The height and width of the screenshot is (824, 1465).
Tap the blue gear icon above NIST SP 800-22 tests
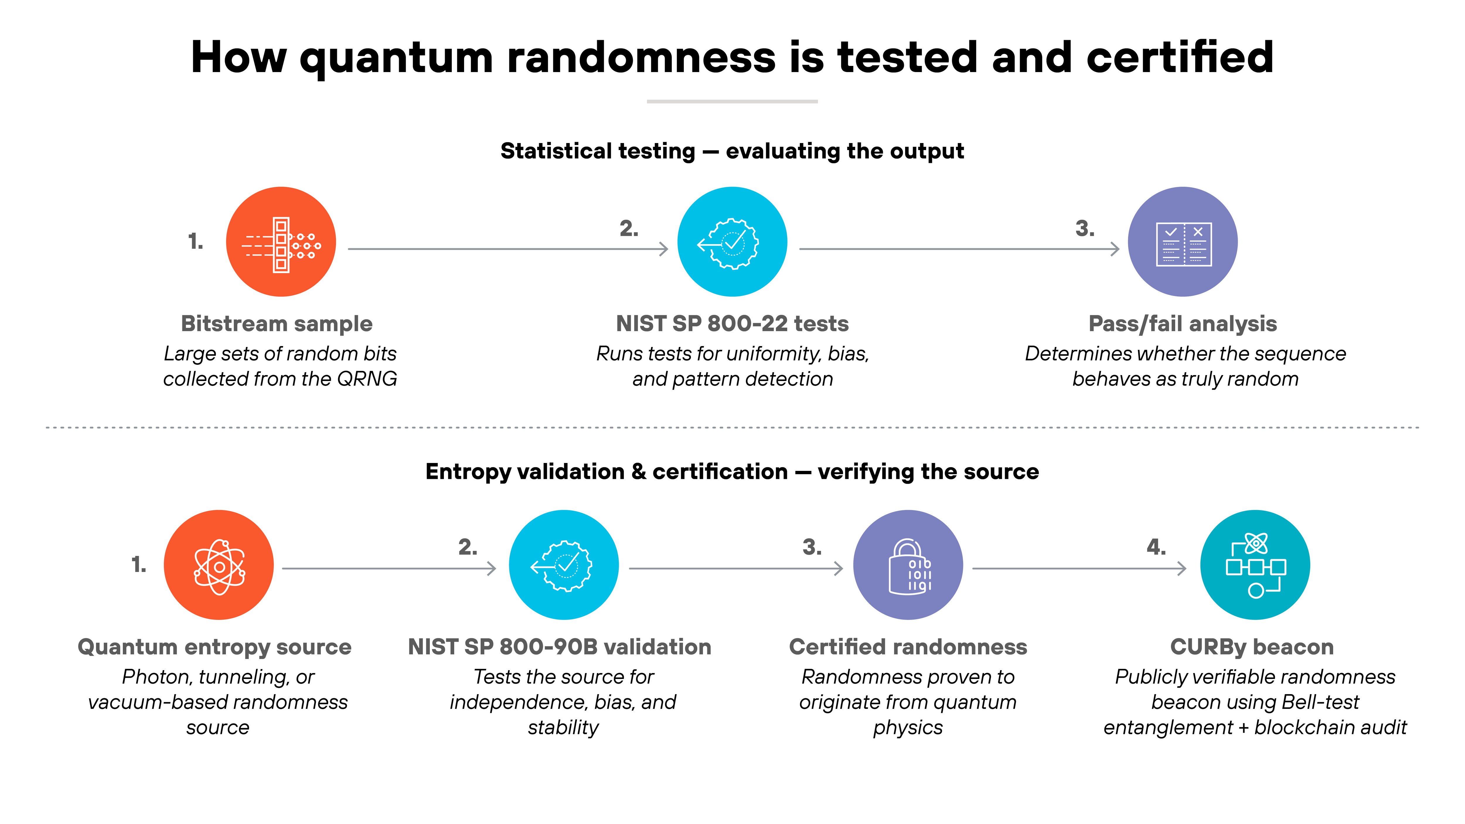732,242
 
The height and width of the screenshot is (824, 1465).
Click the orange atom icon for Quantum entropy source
218,565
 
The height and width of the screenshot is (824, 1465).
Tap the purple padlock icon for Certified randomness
908,565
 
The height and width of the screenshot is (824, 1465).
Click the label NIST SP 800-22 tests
732,324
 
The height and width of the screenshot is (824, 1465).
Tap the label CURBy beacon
1252,647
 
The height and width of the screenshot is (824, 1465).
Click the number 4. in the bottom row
1156,547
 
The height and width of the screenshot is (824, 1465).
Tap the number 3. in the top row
1084,229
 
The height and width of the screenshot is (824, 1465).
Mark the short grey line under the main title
732,101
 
